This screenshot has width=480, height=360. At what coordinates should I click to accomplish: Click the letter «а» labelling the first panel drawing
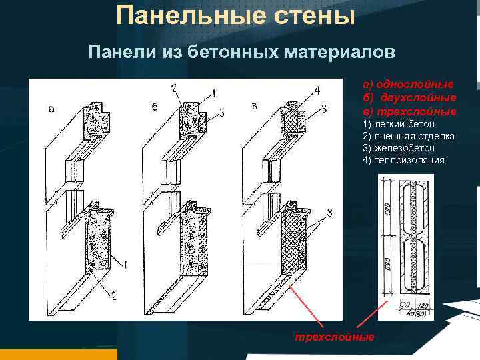pos(52,109)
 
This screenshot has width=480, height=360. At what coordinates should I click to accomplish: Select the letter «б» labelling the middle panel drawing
pos(154,107)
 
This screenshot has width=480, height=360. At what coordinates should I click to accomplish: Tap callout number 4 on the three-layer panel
pos(317,90)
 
